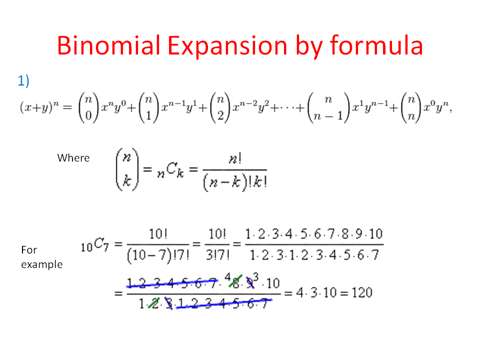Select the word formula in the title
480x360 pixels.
[x=376, y=45]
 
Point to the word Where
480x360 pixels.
[x=73, y=158]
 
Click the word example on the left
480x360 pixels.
[x=42, y=264]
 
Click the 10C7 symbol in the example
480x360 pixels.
[x=93, y=245]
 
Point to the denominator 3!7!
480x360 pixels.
[x=217, y=256]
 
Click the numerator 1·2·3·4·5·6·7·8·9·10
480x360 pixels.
[x=313, y=234]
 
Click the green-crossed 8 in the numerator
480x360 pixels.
[x=232, y=283]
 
